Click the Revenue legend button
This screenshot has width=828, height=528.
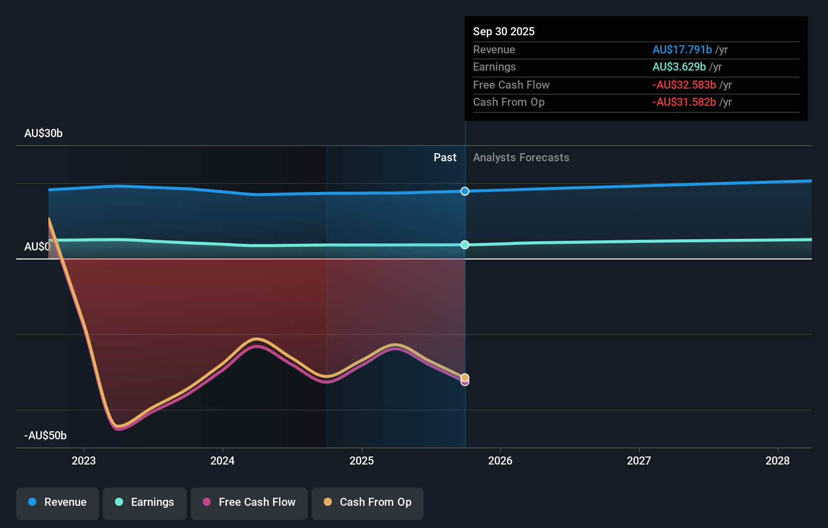(57, 502)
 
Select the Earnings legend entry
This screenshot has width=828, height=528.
(145, 502)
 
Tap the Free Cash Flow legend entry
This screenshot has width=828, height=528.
(249, 502)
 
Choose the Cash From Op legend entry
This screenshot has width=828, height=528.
(368, 502)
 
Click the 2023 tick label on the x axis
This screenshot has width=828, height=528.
(84, 460)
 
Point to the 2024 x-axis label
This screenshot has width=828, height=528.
(222, 460)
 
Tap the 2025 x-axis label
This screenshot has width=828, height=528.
(362, 460)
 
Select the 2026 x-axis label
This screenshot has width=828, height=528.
(500, 460)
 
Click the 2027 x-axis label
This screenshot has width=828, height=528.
(639, 460)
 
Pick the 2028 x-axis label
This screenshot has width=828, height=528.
(778, 460)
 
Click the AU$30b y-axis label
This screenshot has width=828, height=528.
(43, 133)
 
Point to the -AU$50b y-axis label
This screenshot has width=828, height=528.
(45, 435)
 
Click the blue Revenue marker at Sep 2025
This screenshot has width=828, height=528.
(465, 191)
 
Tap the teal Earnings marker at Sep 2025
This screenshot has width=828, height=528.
(465, 245)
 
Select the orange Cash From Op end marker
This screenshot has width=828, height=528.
(465, 377)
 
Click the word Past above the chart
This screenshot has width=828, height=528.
(445, 158)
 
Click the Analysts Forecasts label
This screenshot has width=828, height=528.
(521, 158)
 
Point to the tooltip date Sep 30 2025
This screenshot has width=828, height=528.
(504, 31)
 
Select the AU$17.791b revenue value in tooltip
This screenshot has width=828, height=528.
(682, 49)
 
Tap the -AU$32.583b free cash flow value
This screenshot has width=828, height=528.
(684, 85)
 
